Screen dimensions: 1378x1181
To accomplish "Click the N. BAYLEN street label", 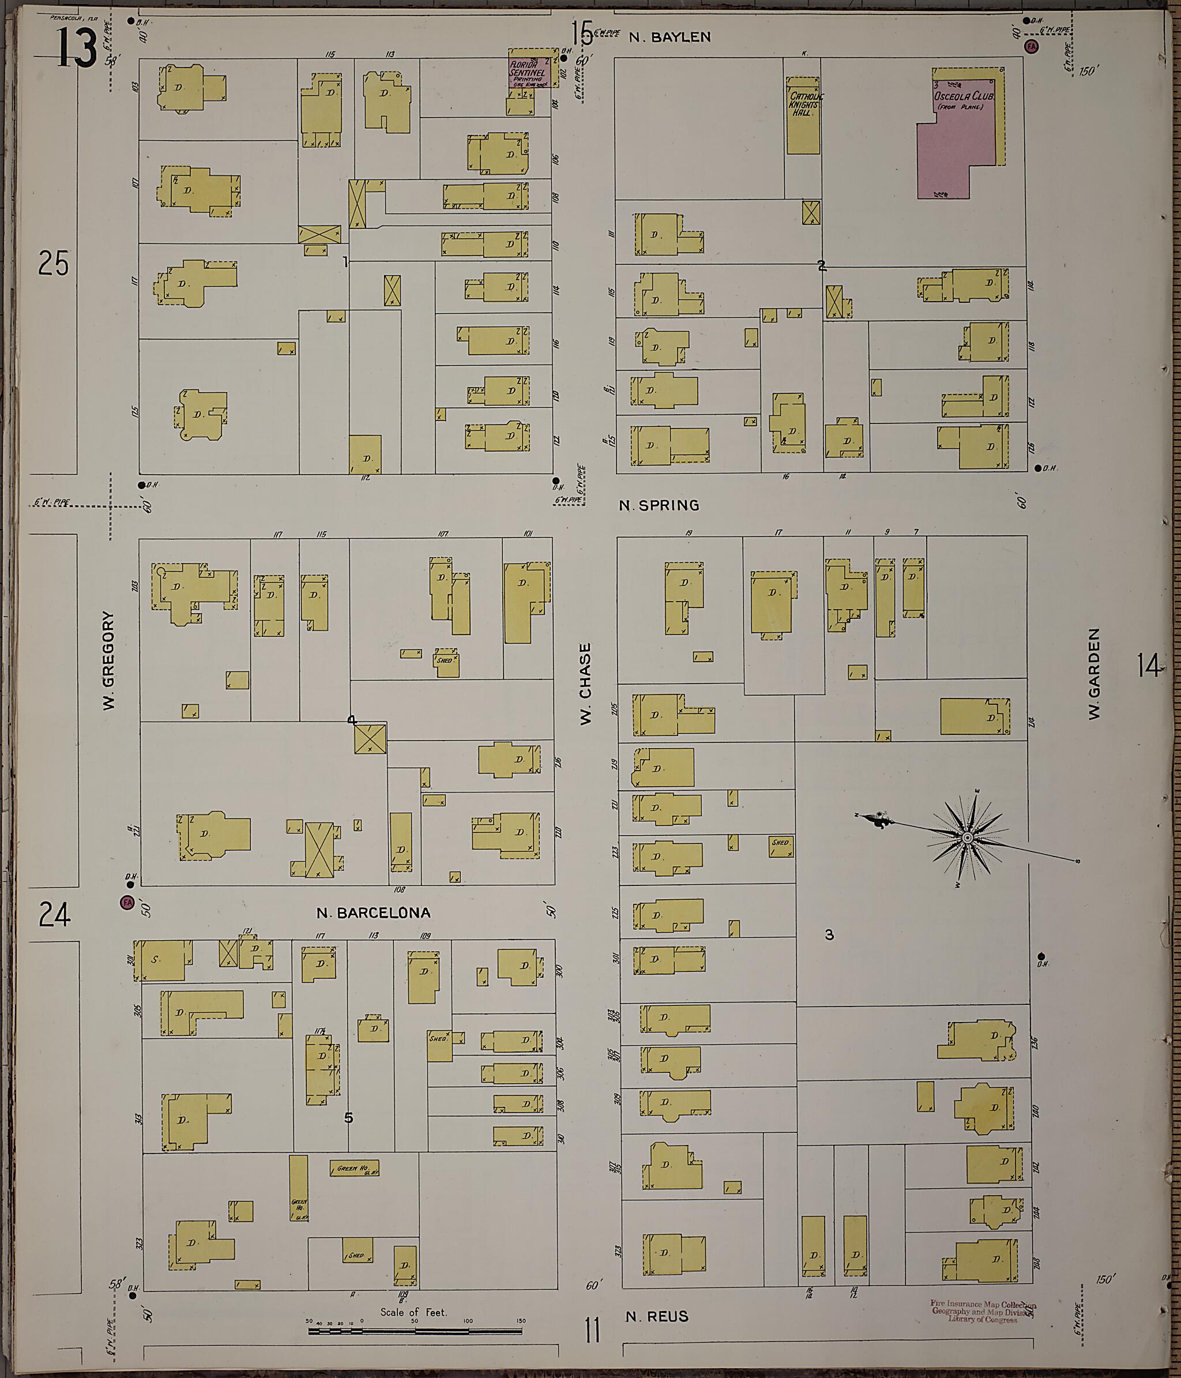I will [x=670, y=37].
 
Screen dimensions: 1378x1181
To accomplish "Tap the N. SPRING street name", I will [x=659, y=505].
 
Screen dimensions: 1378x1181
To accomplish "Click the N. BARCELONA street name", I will [x=373, y=913].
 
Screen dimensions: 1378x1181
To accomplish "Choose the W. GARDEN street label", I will [x=1094, y=673].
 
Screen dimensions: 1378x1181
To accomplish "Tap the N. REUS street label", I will [x=657, y=1316].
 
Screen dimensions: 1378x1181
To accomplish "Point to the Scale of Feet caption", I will [x=413, y=1312].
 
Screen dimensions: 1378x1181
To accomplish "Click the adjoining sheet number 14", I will [x=1148, y=665].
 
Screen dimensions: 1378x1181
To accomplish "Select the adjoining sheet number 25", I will [x=53, y=264].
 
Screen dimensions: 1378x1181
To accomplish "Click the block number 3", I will [x=829, y=934].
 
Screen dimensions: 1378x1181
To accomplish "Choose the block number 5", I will [x=348, y=1118].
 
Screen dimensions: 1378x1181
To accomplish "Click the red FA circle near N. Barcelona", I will [x=126, y=903].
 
